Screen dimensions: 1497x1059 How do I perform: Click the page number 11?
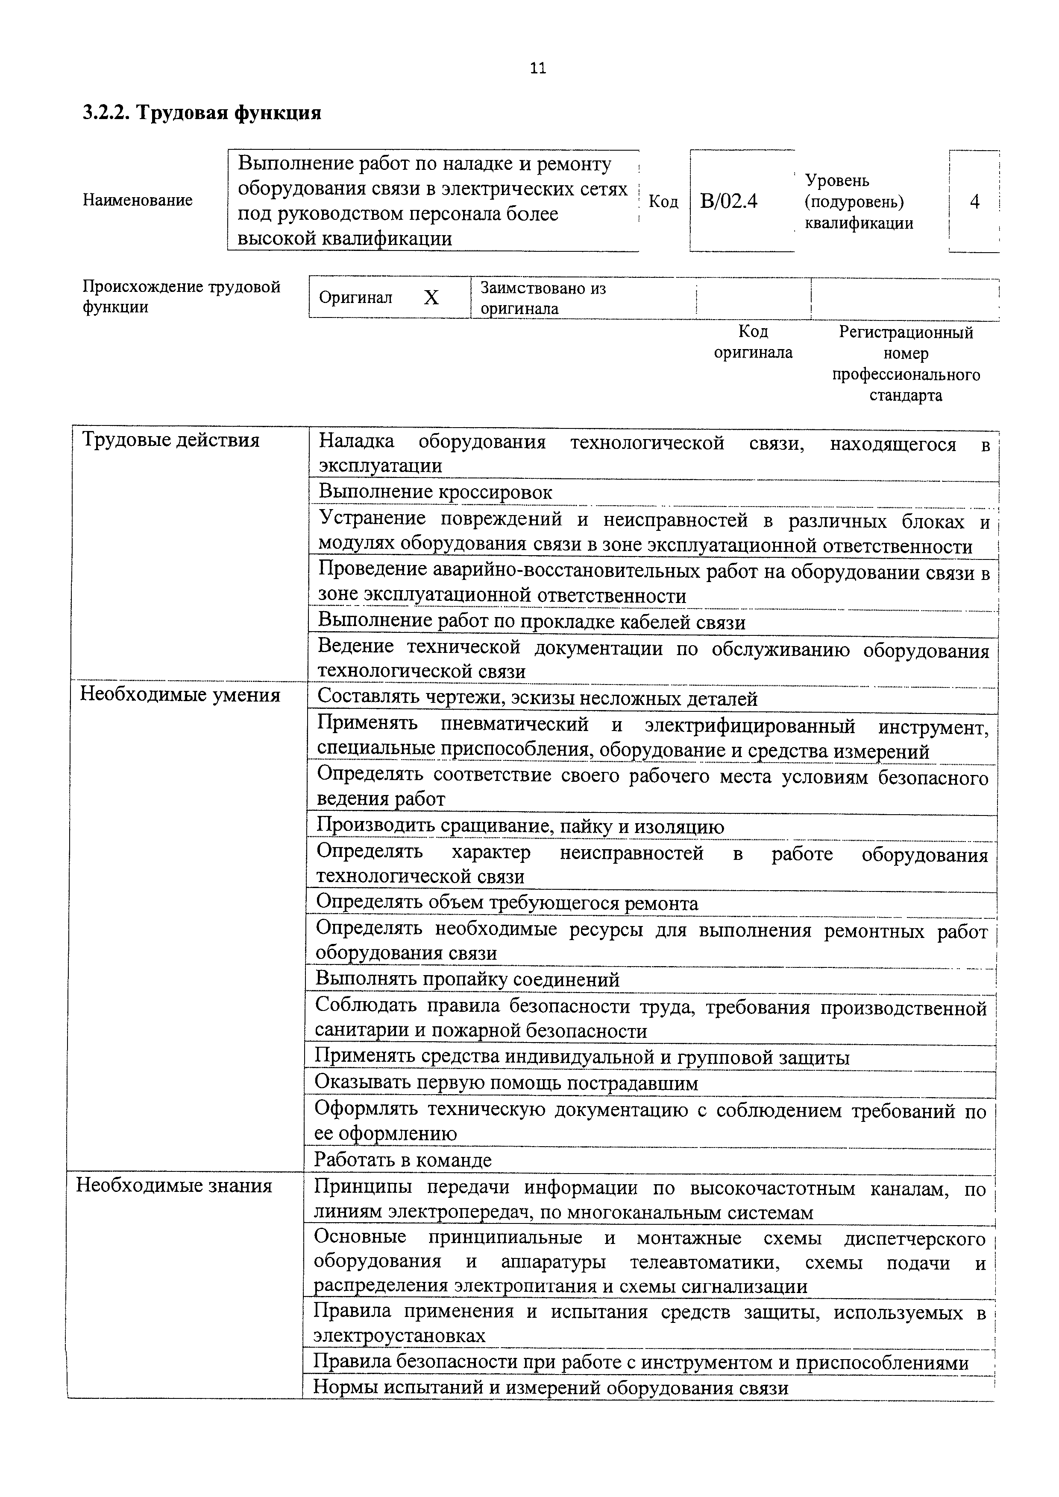[538, 68]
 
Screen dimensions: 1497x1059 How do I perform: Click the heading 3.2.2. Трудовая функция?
[202, 113]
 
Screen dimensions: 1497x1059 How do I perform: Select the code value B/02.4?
[728, 201]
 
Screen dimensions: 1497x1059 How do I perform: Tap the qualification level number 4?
[974, 201]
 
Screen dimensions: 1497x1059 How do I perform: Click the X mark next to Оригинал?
[431, 298]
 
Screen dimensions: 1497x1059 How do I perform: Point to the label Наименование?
[138, 200]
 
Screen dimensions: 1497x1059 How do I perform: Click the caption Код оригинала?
[753, 342]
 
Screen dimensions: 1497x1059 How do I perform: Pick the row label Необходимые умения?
[180, 695]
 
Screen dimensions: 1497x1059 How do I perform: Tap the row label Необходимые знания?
[174, 1185]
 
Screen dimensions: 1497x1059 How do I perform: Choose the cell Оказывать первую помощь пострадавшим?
[506, 1083]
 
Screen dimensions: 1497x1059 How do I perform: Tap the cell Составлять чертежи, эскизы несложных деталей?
[537, 699]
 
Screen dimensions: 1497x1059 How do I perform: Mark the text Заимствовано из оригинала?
[543, 298]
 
